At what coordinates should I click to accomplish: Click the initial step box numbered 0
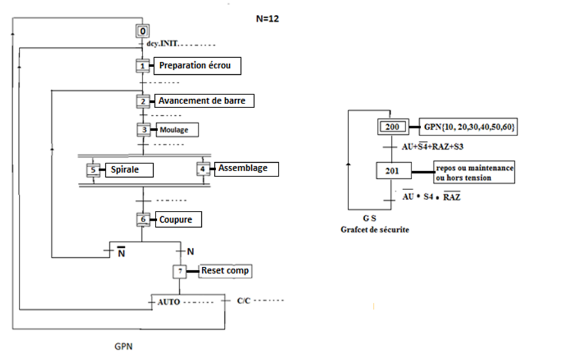[x=142, y=30]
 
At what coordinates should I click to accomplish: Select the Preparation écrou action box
[x=197, y=66]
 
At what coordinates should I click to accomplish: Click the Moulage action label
[x=175, y=130]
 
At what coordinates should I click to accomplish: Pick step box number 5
[x=93, y=170]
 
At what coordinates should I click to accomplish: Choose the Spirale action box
[x=129, y=170]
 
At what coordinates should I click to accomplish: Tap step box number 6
[x=143, y=219]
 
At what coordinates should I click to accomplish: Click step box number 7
[x=180, y=271]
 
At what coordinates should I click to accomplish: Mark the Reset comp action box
[x=224, y=271]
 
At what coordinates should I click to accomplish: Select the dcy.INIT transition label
[x=162, y=45]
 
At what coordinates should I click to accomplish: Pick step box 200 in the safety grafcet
[x=393, y=127]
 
